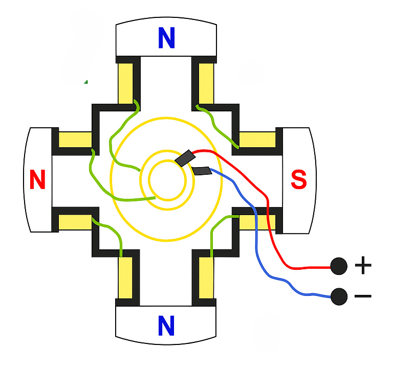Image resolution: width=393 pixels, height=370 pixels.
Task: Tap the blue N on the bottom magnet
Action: click(166, 326)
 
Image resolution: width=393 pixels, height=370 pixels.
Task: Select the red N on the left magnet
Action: click(37, 180)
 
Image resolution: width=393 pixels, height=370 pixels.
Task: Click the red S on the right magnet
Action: click(298, 179)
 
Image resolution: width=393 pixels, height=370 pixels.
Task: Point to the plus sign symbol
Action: click(362, 265)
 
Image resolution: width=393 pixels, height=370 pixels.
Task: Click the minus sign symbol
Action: click(362, 296)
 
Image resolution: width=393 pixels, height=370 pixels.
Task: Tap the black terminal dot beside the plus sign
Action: click(338, 266)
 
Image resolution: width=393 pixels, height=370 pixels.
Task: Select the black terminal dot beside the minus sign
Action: click(338, 296)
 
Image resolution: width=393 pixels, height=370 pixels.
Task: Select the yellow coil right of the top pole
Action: click(206, 83)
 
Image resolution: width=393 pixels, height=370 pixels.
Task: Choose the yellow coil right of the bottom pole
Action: click(206, 279)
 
